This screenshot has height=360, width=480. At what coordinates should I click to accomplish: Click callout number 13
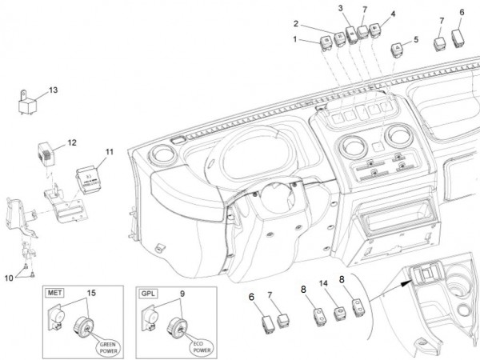point(53,90)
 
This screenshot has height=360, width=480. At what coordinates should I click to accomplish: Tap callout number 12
point(72,142)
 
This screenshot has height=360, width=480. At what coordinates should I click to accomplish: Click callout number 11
point(110,150)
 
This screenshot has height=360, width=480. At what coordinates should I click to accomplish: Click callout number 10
point(9,278)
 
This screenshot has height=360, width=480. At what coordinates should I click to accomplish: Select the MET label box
point(57,294)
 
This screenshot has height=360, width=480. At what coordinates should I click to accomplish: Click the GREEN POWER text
point(108,346)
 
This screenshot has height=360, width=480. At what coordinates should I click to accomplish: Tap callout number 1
point(294,38)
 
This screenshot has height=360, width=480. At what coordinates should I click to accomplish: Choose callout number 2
point(296,23)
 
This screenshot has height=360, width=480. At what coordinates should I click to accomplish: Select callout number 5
point(415,39)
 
